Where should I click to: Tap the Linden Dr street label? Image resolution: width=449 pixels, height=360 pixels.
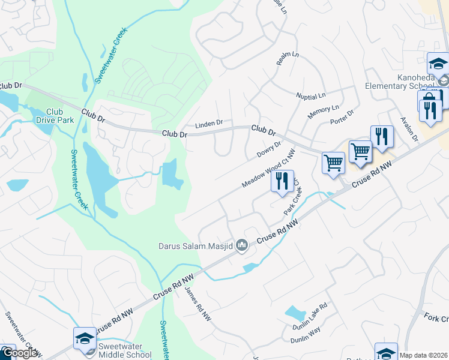click(209, 124)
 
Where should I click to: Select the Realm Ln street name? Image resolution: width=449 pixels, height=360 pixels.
click(287, 59)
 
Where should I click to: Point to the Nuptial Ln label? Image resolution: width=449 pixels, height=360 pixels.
click(310, 95)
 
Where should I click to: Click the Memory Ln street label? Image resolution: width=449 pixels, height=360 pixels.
click(323, 112)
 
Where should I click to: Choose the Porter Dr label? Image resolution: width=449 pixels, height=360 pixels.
click(342, 118)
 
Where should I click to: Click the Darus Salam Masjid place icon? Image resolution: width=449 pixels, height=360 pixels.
click(242, 244)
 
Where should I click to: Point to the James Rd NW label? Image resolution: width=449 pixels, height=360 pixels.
click(197, 303)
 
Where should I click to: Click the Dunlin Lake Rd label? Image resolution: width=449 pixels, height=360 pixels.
click(311, 315)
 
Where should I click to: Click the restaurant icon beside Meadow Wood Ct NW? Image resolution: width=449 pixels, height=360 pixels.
click(282, 181)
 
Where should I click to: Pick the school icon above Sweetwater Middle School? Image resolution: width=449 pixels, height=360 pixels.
click(85, 338)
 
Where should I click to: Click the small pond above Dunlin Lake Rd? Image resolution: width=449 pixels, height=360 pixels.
click(295, 313)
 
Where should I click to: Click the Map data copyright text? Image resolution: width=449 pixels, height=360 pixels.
click(423, 355)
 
